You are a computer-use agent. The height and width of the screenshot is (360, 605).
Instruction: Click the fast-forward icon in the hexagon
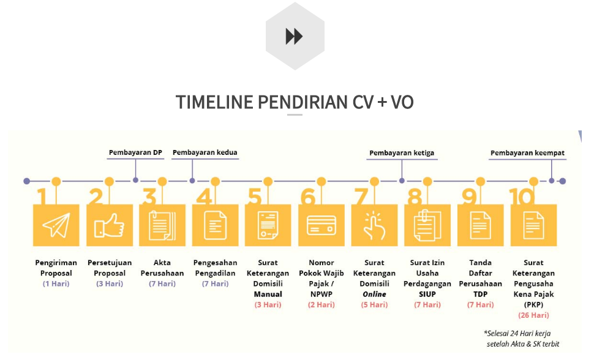click(295, 37)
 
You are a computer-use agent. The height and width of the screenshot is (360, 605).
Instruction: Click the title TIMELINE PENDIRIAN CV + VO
click(295, 102)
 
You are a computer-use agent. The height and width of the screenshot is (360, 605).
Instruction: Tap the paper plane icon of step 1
click(56, 225)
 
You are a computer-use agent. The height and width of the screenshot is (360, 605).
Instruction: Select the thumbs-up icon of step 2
click(109, 225)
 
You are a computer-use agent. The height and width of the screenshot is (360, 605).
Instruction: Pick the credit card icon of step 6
click(321, 225)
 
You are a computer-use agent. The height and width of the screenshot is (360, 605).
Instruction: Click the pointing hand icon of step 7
click(374, 225)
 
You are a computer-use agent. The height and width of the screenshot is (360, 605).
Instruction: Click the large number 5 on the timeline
click(255, 197)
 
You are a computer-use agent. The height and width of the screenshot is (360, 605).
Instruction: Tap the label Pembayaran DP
click(135, 152)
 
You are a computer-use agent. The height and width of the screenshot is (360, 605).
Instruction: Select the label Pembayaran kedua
click(205, 152)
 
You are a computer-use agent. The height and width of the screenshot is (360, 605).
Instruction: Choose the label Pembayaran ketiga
click(402, 153)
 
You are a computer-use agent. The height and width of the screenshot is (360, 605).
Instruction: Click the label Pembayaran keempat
click(528, 153)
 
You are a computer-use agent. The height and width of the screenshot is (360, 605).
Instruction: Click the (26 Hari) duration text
click(533, 315)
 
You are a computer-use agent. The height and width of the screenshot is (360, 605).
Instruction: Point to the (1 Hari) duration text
click(56, 283)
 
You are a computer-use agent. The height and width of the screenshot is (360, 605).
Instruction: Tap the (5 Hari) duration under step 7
click(374, 304)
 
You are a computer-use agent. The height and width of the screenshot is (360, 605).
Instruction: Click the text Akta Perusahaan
click(162, 268)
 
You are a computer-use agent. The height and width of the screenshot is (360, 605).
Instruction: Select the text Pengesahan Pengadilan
click(215, 268)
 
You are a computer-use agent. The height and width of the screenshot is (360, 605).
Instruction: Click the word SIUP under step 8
click(427, 294)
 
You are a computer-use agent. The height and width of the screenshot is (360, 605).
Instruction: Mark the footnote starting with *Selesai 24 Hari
click(522, 338)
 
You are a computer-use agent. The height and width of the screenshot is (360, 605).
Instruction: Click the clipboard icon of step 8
click(427, 225)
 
